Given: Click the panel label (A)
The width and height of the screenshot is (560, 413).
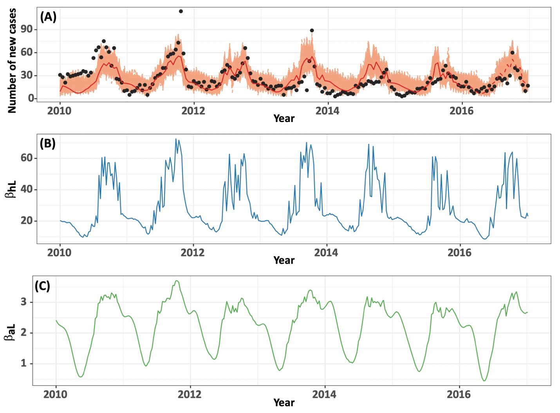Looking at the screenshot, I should click(x=49, y=17).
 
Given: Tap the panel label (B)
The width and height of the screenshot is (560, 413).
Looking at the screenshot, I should click(x=48, y=144).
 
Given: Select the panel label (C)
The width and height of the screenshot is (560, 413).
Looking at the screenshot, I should click(x=43, y=286).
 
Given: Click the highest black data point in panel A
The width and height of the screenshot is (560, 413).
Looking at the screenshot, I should click(x=181, y=11).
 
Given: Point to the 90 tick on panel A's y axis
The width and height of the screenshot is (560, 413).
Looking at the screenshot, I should click(x=27, y=30).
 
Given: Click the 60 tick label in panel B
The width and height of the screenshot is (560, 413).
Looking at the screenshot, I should click(x=27, y=158).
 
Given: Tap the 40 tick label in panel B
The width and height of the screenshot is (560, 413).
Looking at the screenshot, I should click(x=27, y=189).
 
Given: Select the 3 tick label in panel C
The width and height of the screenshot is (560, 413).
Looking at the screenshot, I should click(x=24, y=302).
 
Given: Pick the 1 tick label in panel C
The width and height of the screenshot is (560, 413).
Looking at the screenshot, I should click(x=24, y=363).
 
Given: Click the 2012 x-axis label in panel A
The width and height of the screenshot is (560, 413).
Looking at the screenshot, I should click(x=193, y=111).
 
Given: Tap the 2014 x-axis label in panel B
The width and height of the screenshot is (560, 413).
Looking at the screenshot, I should click(x=326, y=253).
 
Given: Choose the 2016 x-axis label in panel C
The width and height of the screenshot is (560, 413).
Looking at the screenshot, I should click(x=459, y=394).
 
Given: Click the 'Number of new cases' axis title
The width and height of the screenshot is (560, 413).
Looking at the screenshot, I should click(x=12, y=61).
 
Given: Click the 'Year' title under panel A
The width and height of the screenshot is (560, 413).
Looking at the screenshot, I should click(x=284, y=119).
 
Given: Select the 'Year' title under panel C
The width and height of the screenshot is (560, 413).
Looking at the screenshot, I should click(x=284, y=402).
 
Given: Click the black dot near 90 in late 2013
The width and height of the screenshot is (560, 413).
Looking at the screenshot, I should click(x=312, y=31).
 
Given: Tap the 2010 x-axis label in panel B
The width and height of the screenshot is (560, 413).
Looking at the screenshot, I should click(x=60, y=253).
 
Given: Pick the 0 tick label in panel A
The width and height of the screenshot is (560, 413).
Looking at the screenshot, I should click(x=31, y=99).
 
